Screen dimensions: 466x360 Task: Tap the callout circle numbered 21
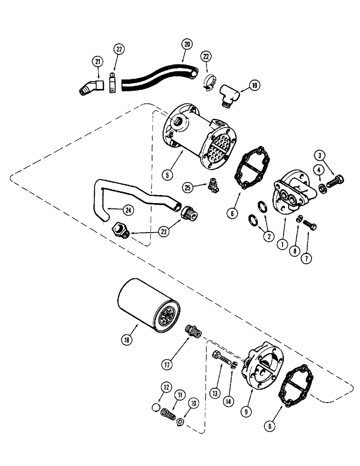(x=98, y=61)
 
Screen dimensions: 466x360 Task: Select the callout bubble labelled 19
(x=254, y=85)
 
